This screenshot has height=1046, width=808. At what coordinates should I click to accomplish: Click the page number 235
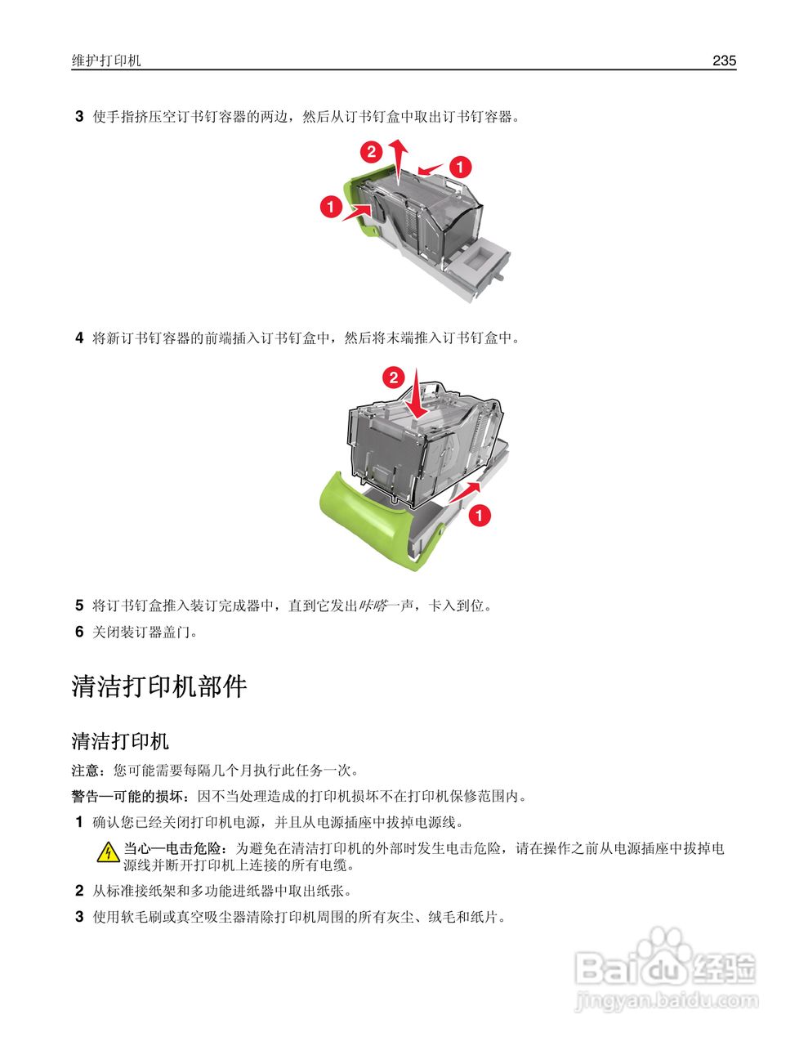coord(724,60)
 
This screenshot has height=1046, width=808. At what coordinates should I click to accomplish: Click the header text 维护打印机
coord(106,61)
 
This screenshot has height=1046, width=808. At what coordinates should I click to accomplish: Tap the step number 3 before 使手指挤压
coord(79,117)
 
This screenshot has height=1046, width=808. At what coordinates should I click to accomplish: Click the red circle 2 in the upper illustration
coord(371,151)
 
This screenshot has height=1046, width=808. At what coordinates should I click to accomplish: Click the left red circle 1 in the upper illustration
coord(331,207)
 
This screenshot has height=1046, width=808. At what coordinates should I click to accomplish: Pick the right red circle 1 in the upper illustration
coord(461,167)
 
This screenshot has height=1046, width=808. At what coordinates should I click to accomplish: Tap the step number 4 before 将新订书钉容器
coord(79,337)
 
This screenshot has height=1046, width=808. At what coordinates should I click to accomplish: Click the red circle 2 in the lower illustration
coord(394,377)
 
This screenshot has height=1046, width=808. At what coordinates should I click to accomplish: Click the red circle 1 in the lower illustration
coord(479,516)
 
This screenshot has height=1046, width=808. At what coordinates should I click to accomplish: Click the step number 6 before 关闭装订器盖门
coord(79,632)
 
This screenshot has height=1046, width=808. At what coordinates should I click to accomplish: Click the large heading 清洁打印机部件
coord(159,686)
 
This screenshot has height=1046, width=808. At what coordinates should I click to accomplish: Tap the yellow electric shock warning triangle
coord(108,853)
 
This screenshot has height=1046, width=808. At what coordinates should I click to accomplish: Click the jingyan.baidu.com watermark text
coord(667,1000)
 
